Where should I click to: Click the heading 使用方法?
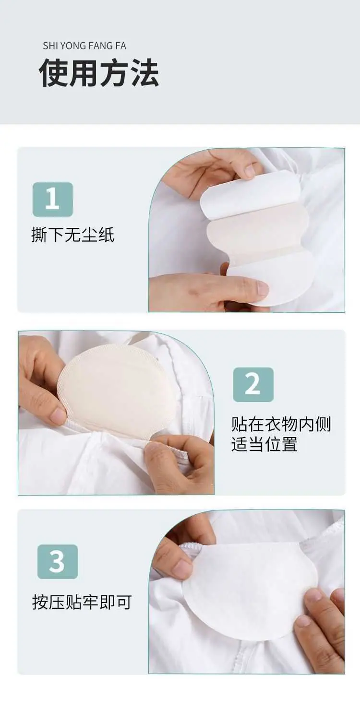point(99,73)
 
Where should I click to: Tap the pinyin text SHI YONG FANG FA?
point(84,46)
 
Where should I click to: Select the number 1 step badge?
point(53,200)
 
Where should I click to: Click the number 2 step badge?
point(253,384)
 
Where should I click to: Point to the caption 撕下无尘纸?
point(72,235)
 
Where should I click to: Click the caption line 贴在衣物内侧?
point(281,424)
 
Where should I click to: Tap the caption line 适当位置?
point(264,444)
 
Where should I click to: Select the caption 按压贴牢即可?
point(82,602)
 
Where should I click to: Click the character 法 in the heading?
point(144,73)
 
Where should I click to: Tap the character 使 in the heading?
point(53,73)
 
